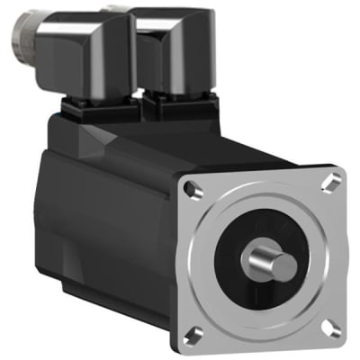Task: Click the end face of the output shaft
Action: [x=284, y=266]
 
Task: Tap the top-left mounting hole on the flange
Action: [x=190, y=188]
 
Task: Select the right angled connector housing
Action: [x=175, y=49]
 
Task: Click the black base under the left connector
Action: [x=99, y=111]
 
